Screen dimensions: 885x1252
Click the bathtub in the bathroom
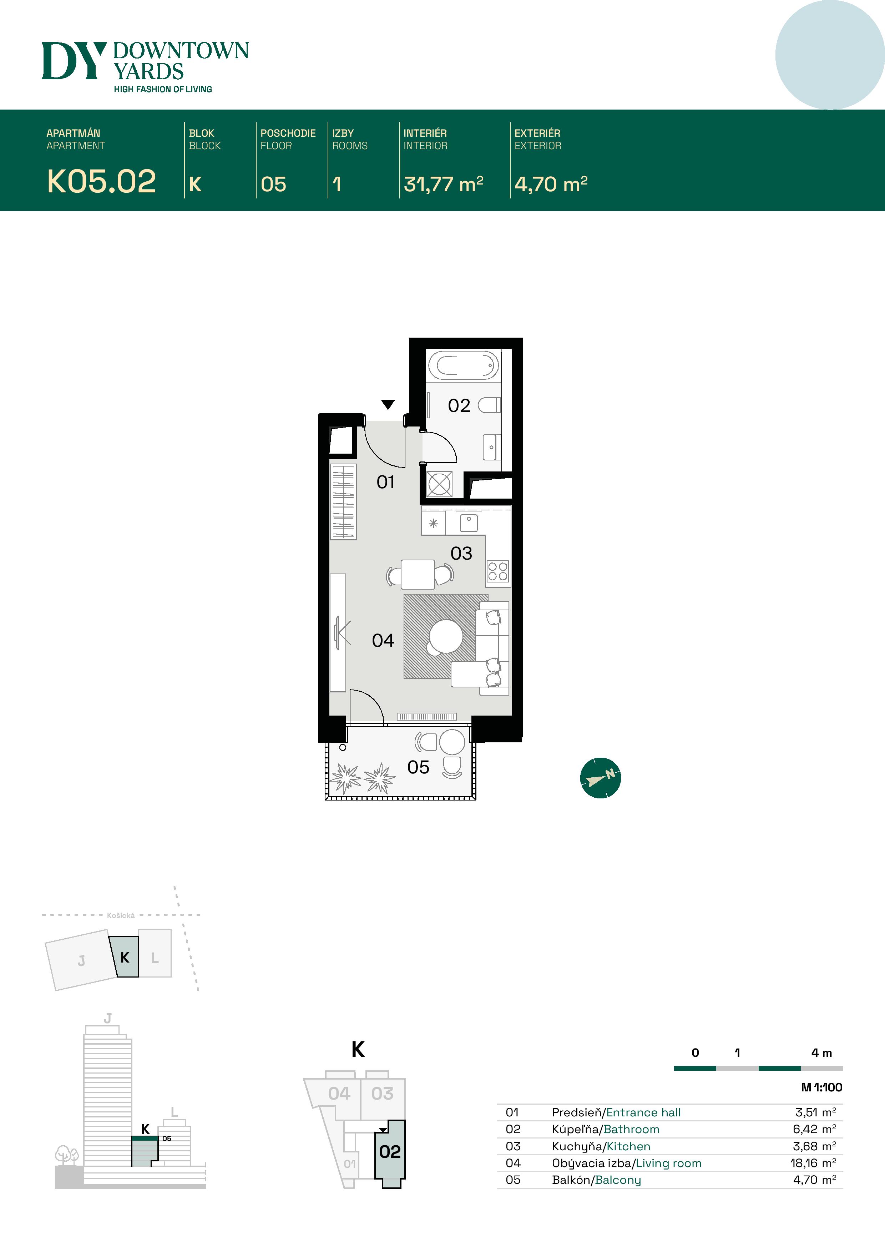(x=464, y=365)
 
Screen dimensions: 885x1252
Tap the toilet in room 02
(x=489, y=405)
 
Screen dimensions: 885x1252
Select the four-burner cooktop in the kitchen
(x=498, y=571)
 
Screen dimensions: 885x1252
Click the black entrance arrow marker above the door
(x=388, y=404)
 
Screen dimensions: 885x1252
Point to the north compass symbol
(x=600, y=778)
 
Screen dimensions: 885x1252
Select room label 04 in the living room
(x=383, y=640)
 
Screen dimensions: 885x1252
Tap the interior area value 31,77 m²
(x=443, y=184)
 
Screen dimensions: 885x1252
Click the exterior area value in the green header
(x=551, y=184)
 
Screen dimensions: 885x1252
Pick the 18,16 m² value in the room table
(x=813, y=1163)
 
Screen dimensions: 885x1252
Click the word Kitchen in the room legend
(x=628, y=1146)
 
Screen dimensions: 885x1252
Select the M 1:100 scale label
(x=821, y=1087)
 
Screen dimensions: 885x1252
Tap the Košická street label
(x=121, y=915)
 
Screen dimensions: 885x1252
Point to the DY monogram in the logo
(x=74, y=61)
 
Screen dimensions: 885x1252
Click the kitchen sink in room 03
(x=469, y=522)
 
